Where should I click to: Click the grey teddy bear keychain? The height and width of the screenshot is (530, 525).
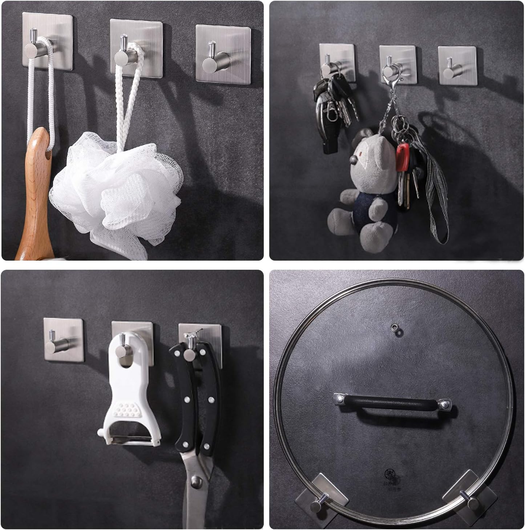click(363, 189)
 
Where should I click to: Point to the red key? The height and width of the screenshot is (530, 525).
click(402, 156)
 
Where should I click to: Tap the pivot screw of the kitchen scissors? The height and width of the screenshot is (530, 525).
click(197, 483)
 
